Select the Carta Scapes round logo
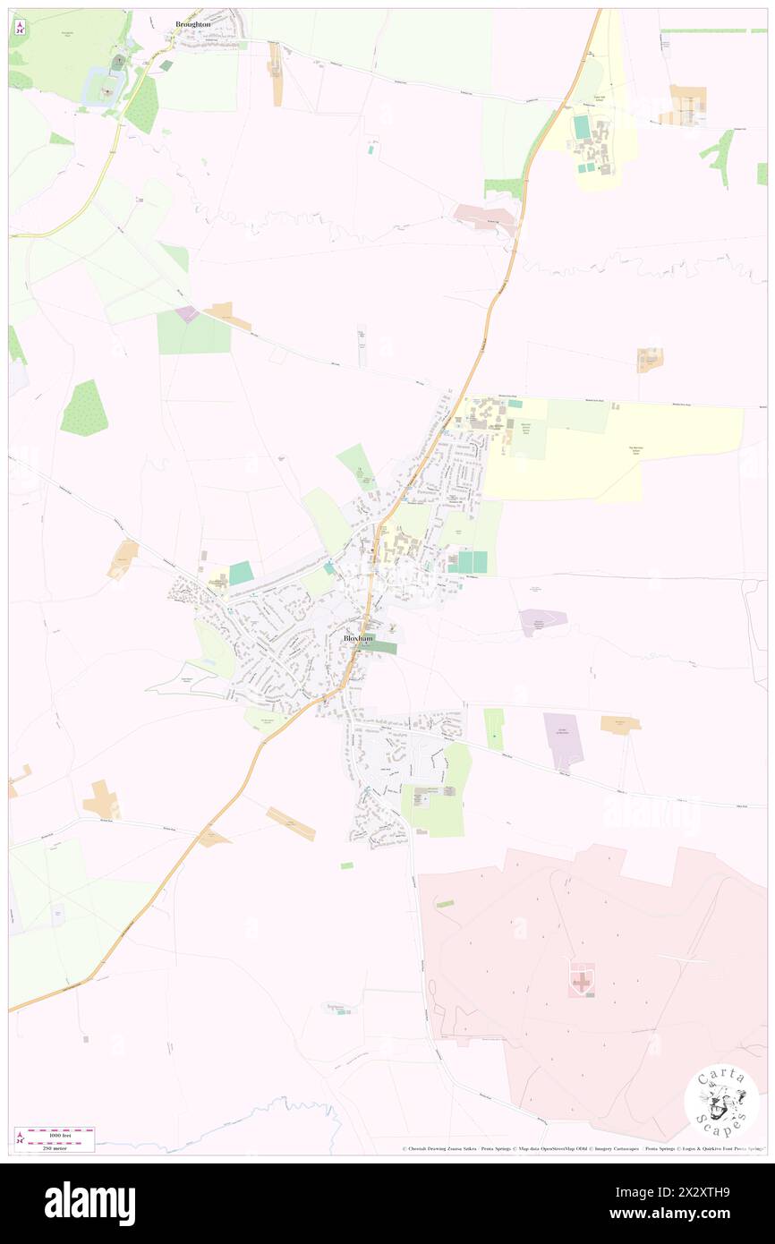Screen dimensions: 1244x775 [x=721, y=1102]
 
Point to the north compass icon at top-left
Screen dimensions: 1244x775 [x=20, y=28]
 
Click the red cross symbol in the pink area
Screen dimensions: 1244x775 [x=582, y=981]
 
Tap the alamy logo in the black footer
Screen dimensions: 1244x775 [x=89, y=1203]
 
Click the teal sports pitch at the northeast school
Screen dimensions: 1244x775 [x=582, y=127]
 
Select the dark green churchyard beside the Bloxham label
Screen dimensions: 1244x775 [x=381, y=647]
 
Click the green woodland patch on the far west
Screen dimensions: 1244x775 [x=84, y=409]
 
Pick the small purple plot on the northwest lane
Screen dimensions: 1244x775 [x=188, y=314]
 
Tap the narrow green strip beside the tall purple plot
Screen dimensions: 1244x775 [x=494, y=729]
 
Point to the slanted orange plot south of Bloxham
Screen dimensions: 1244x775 [x=291, y=823]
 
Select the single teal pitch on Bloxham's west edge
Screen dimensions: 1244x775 [x=241, y=573]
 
